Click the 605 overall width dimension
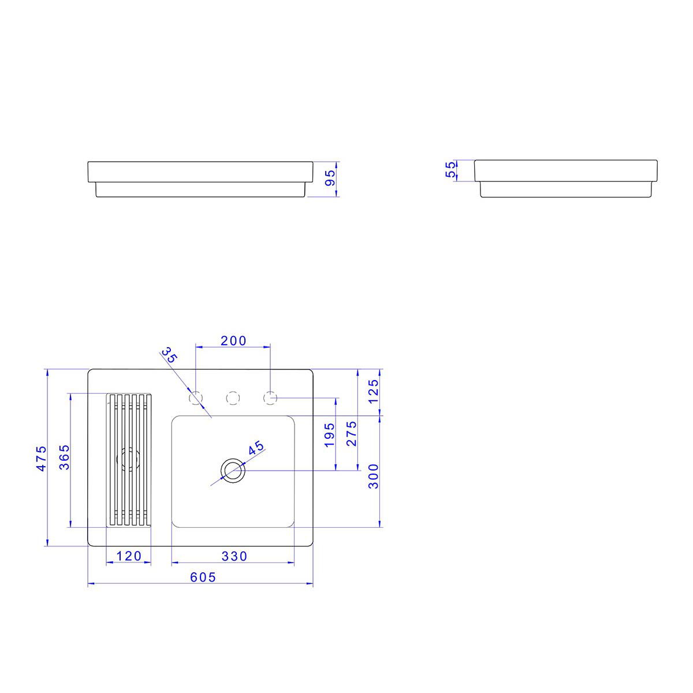203,577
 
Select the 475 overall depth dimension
42,458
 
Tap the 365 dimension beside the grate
64,457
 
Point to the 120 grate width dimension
129,556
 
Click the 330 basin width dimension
234,556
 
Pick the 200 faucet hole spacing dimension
233,341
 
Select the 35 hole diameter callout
169,355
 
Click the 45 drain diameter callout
256,448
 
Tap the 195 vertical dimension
329,435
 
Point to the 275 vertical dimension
351,433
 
